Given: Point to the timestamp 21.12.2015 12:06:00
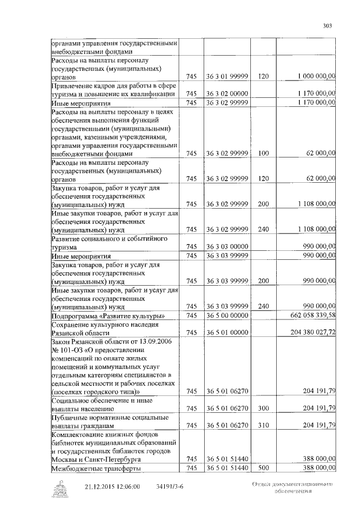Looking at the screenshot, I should click(x=112, y=488).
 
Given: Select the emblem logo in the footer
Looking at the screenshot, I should click(x=59, y=488).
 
